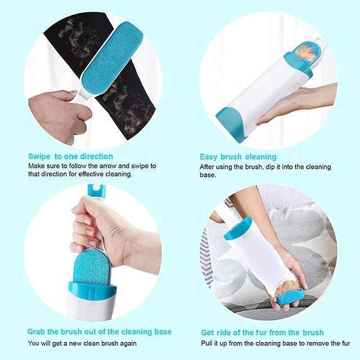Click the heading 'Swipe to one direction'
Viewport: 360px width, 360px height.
(70, 156)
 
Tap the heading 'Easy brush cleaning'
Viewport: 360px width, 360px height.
(238, 156)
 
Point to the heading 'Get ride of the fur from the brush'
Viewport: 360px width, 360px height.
(262, 332)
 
